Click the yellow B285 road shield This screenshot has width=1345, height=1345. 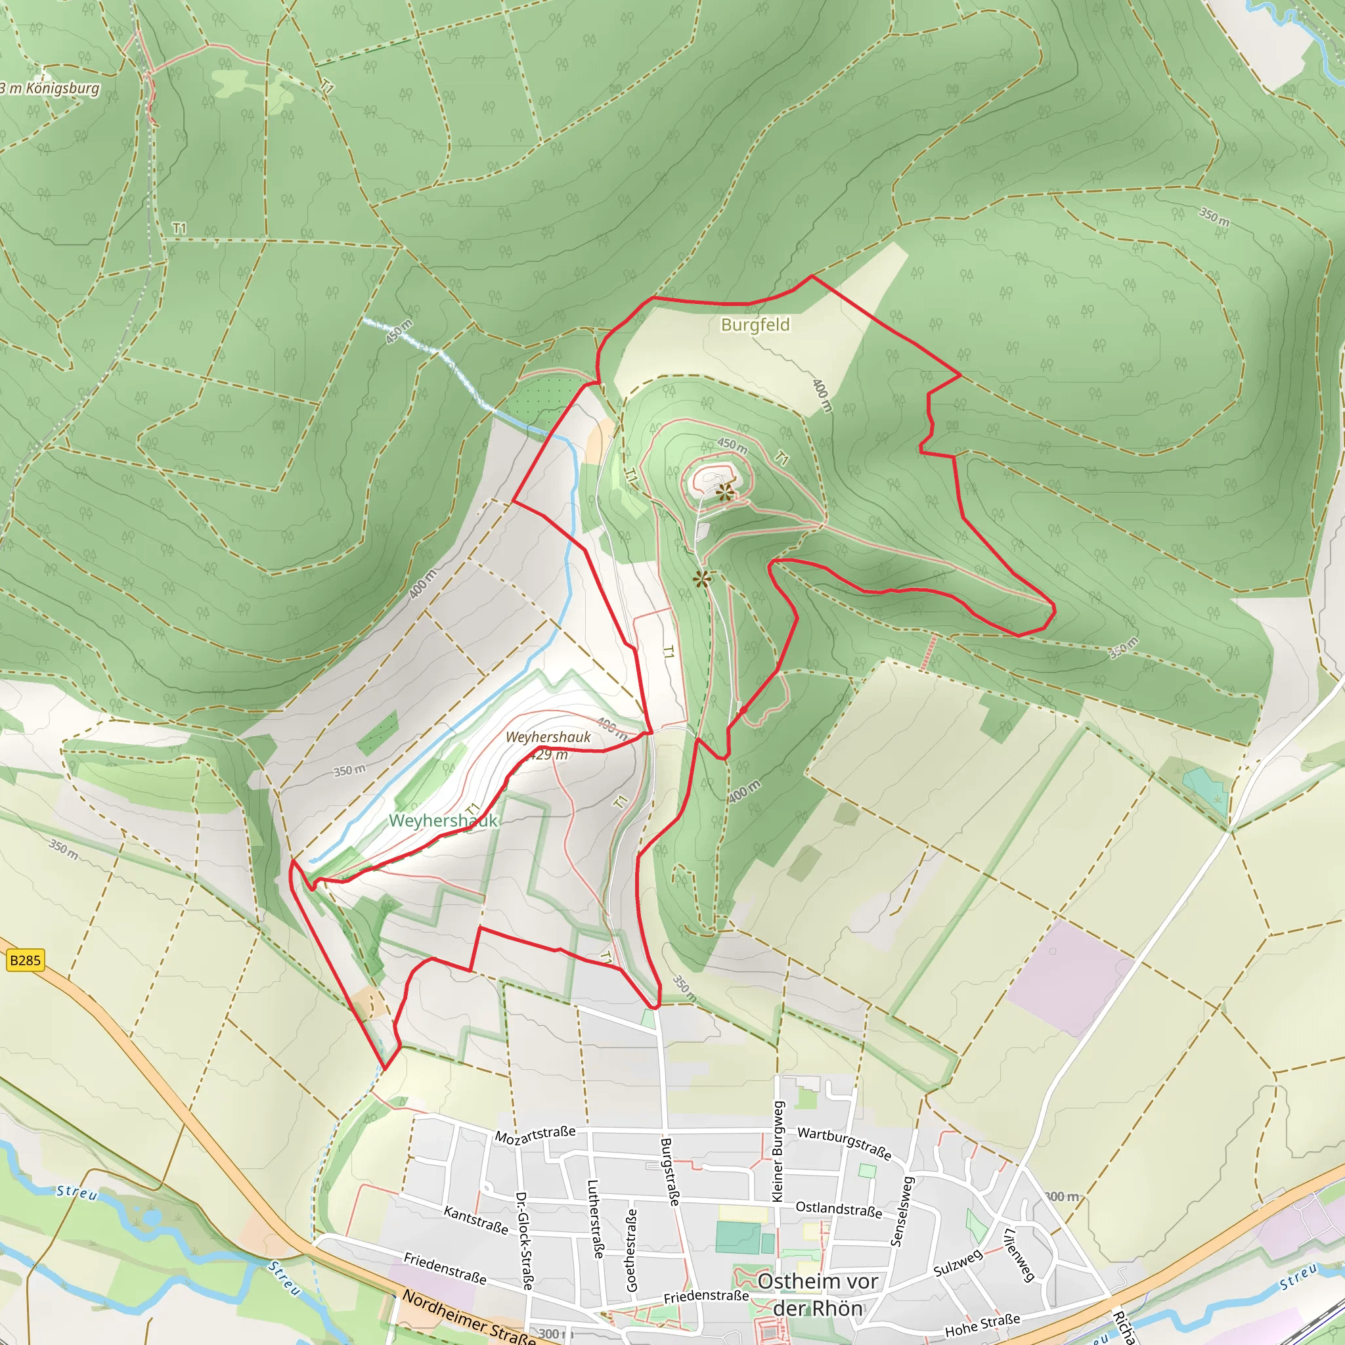click(x=25, y=961)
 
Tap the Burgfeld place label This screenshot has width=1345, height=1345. click(x=755, y=325)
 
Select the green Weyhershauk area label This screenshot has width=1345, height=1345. click(x=443, y=821)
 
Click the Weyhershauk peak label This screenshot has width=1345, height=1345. click(x=548, y=737)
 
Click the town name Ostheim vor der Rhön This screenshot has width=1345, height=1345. click(x=818, y=1294)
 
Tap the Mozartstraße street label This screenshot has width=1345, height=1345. click(x=535, y=1135)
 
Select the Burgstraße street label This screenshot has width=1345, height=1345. click(x=670, y=1172)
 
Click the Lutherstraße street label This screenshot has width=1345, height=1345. click(x=596, y=1218)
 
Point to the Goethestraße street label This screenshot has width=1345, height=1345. click(x=631, y=1250)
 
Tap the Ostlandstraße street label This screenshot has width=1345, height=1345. click(x=839, y=1209)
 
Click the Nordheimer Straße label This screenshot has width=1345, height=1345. click(x=468, y=1318)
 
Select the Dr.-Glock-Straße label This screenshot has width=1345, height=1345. click(x=523, y=1241)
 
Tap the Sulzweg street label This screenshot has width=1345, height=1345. click(x=958, y=1263)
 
